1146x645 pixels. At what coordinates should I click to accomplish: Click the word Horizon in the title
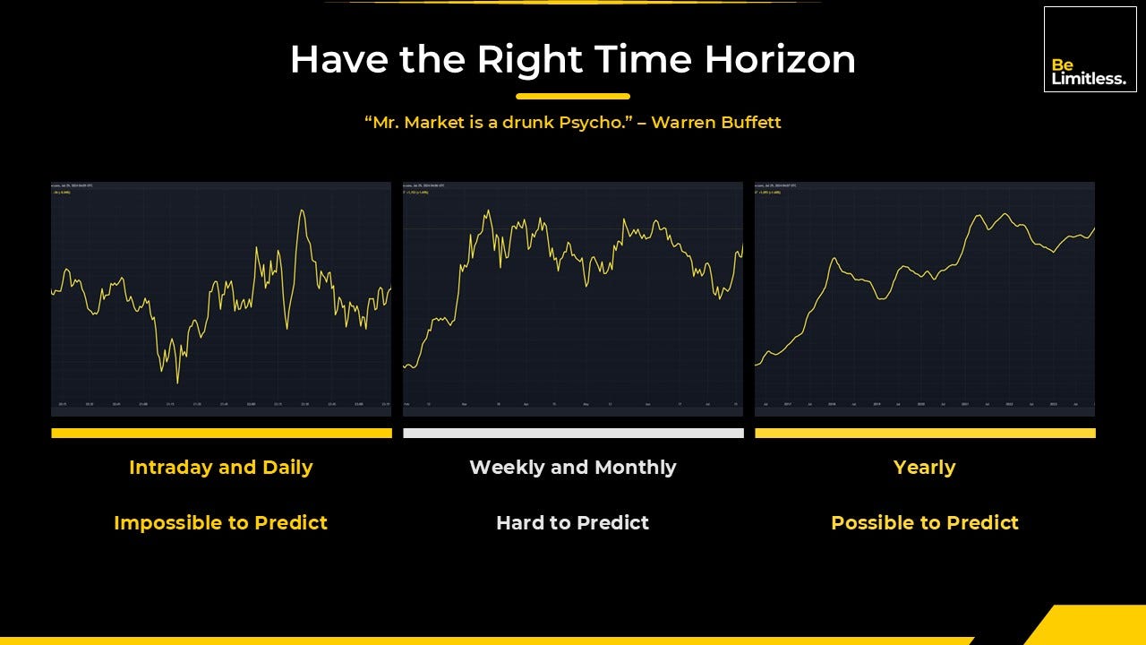pyautogui.click(x=780, y=60)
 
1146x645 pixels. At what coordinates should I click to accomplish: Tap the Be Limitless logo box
pyautogui.click(x=1090, y=49)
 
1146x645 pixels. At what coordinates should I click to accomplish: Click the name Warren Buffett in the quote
pyautogui.click(x=715, y=122)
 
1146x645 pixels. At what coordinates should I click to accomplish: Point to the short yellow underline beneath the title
pyautogui.click(x=573, y=96)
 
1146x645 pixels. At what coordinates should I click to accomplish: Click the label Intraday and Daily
pyautogui.click(x=220, y=467)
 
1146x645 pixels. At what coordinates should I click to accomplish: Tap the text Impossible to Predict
pyautogui.click(x=220, y=522)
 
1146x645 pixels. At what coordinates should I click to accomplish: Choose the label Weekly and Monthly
pyautogui.click(x=573, y=467)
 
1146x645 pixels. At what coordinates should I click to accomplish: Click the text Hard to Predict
pyautogui.click(x=573, y=522)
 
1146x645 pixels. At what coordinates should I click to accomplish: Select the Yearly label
pyautogui.click(x=924, y=467)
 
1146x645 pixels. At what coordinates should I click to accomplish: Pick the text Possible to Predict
pyautogui.click(x=924, y=522)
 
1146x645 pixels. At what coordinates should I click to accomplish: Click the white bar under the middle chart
pyautogui.click(x=573, y=433)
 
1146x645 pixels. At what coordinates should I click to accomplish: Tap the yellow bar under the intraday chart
pyautogui.click(x=221, y=433)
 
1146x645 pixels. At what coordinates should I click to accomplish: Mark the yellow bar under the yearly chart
pyautogui.click(x=925, y=433)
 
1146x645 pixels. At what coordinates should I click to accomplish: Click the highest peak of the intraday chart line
pyautogui.click(x=303, y=211)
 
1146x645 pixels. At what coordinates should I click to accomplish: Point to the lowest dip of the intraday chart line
pyautogui.click(x=177, y=383)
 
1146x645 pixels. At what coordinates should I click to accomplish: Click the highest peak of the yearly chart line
pyautogui.click(x=1005, y=214)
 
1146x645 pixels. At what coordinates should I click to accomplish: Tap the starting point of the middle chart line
pyautogui.click(x=406, y=366)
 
